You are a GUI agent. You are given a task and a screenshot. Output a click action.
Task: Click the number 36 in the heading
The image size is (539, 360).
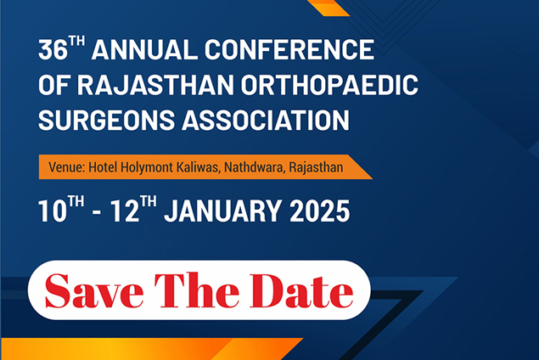click(x=53, y=50)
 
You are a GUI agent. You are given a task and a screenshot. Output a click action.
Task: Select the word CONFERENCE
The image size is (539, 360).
click(x=289, y=50)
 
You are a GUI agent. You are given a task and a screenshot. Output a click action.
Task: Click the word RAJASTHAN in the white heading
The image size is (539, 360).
click(x=155, y=85)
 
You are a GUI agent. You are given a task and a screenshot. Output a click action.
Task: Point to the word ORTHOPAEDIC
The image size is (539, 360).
click(x=329, y=85)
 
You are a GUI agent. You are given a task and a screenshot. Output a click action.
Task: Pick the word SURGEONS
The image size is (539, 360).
click(x=107, y=120)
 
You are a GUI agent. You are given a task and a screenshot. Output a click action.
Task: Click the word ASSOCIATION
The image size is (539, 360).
click(x=266, y=120)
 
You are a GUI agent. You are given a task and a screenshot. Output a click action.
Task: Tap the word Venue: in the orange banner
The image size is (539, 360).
click(x=67, y=167)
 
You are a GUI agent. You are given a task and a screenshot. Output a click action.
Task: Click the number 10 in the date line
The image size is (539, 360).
click(x=53, y=211)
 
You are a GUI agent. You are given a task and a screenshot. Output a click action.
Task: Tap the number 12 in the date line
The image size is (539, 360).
click(x=125, y=211)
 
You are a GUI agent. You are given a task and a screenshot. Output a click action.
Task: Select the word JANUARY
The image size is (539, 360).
click(x=222, y=211)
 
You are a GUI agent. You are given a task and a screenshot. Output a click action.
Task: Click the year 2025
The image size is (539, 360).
click(x=320, y=211)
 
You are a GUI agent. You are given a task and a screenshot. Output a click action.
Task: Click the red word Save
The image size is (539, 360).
click(x=94, y=291)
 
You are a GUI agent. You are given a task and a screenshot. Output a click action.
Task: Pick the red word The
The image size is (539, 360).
click(x=197, y=290)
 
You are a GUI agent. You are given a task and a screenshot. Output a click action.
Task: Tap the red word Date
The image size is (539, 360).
click(x=301, y=291)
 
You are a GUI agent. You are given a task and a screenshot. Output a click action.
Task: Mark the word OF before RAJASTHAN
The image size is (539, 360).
click(x=54, y=85)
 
